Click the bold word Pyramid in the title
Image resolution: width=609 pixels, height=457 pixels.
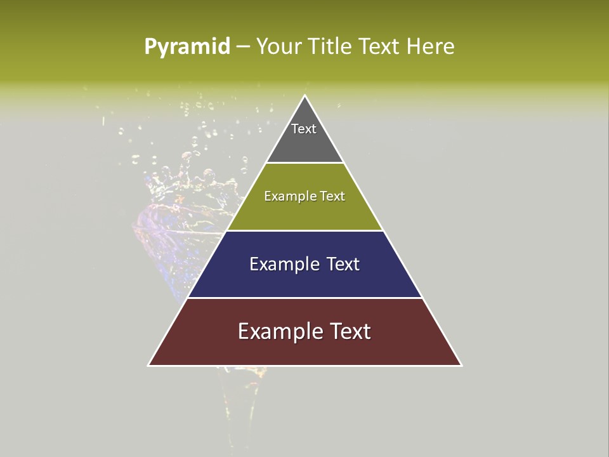pos(187,47)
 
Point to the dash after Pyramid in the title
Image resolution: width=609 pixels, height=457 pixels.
pos(243,47)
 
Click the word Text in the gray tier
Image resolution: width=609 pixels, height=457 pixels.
pos(304,129)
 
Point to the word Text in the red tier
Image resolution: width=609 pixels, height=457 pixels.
pos(349,331)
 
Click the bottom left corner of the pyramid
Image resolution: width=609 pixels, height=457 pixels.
pos(149,365)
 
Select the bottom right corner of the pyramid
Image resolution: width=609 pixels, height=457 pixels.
pos(461,365)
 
